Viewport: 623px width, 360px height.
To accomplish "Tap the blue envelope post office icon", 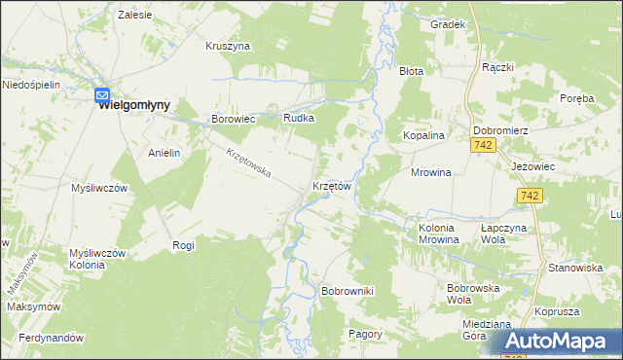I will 102,94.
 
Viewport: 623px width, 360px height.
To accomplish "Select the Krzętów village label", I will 331,185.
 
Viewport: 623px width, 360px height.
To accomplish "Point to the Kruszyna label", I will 228,46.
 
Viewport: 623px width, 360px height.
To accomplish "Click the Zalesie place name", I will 134,16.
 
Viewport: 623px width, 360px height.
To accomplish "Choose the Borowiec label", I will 234,119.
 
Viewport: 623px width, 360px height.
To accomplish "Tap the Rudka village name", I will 298,119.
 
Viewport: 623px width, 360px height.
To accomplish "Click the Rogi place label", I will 183,245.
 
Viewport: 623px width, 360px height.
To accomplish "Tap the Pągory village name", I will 366,333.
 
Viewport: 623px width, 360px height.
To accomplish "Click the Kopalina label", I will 424,136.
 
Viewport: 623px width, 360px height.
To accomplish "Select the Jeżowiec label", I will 532,166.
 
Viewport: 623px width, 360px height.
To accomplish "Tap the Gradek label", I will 447,24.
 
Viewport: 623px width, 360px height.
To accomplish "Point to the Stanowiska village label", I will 572,267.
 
